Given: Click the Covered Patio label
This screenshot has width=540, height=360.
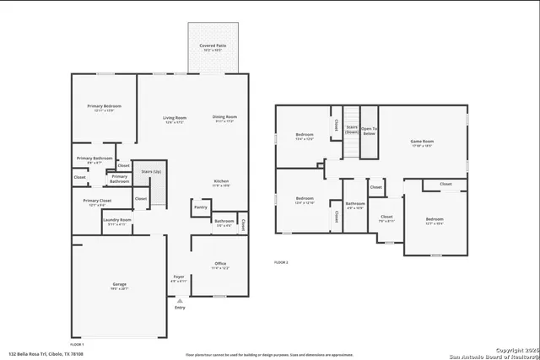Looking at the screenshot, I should (x=212, y=47).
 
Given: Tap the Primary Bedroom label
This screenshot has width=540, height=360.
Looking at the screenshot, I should (x=105, y=108).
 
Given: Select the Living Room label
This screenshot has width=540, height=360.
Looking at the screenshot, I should (x=174, y=120).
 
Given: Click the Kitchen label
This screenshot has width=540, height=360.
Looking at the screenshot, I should (x=221, y=183).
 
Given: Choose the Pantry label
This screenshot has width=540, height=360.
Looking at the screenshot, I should (x=200, y=207).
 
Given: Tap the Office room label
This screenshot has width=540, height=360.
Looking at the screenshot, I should (x=219, y=266).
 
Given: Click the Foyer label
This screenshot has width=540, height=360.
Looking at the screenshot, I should (x=179, y=278).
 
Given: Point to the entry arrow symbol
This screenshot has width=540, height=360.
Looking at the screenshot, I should (x=179, y=299).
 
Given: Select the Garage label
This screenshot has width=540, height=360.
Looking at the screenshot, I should (x=119, y=287).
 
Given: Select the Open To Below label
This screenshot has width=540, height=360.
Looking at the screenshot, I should (x=369, y=132).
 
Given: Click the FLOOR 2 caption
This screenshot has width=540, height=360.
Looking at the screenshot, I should (x=281, y=263).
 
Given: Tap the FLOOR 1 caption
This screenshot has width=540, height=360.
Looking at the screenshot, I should (x=77, y=344).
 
